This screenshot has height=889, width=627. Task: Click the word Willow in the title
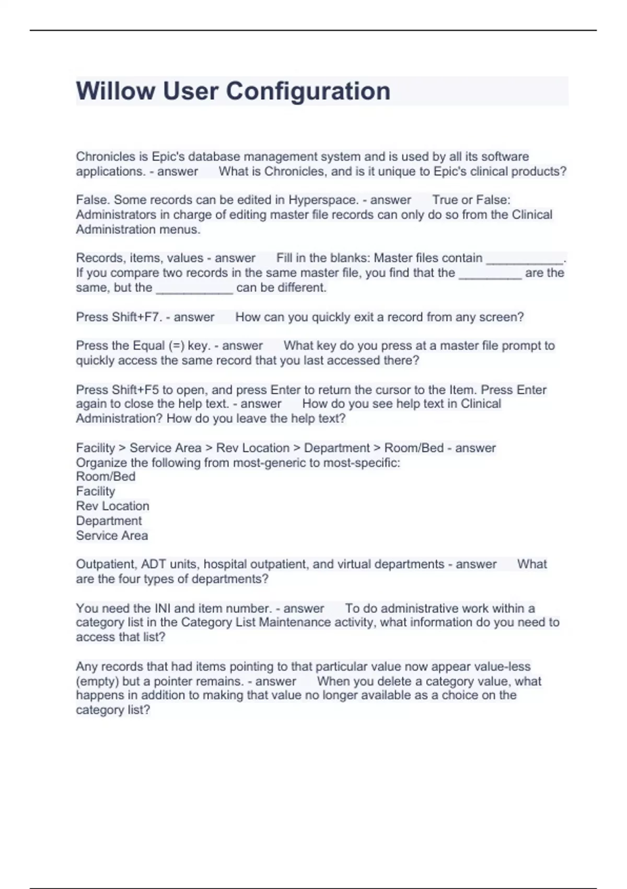[x=115, y=91]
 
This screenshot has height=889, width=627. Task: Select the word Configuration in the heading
[x=308, y=91]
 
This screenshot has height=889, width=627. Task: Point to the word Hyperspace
[x=322, y=200]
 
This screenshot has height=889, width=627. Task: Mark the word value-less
[x=502, y=667]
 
